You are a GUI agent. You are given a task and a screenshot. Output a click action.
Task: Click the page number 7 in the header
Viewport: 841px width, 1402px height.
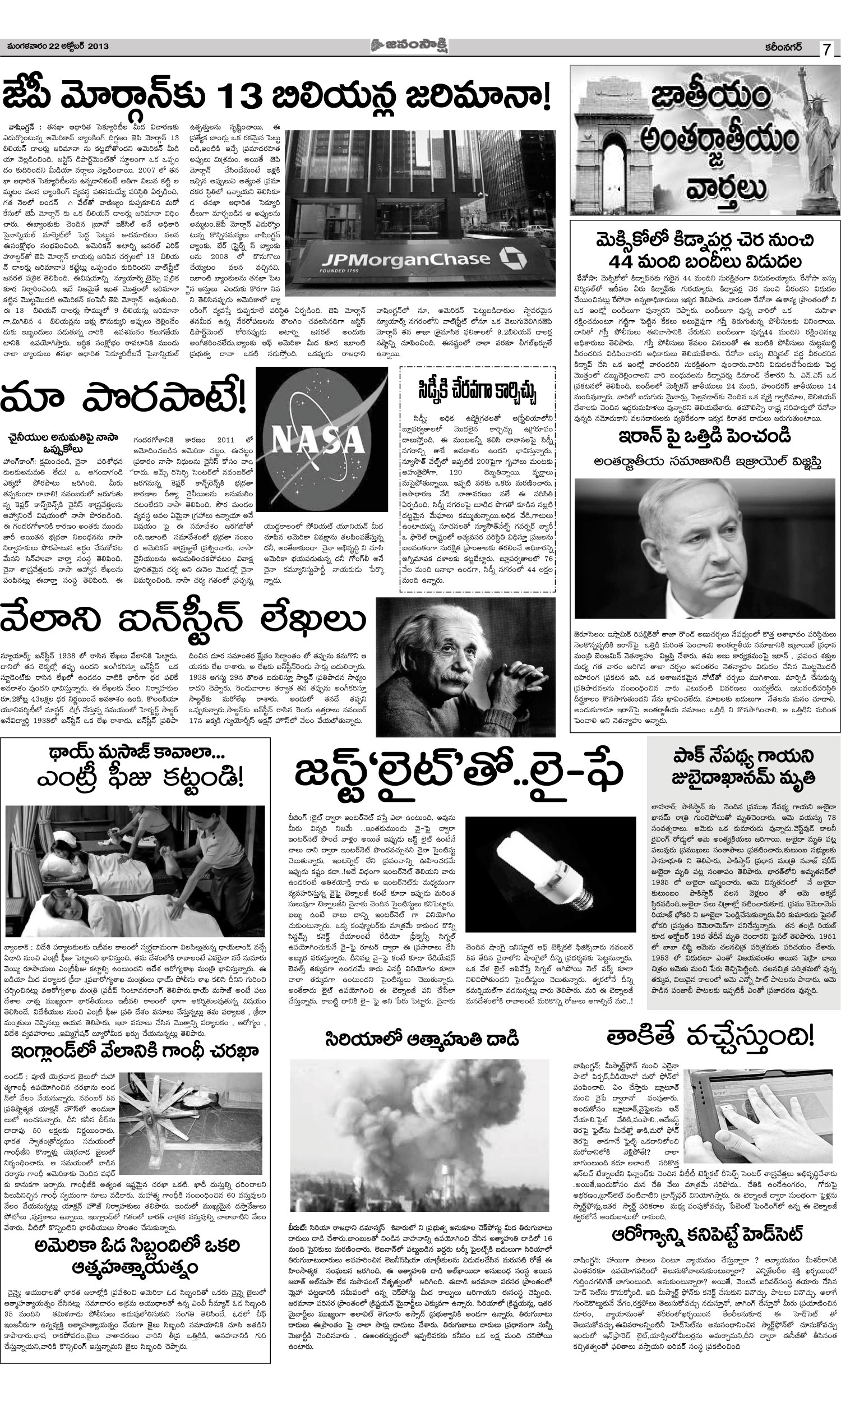coord(827,49)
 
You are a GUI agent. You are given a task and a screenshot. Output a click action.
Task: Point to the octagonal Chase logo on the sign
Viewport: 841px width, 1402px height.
coord(511,257)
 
